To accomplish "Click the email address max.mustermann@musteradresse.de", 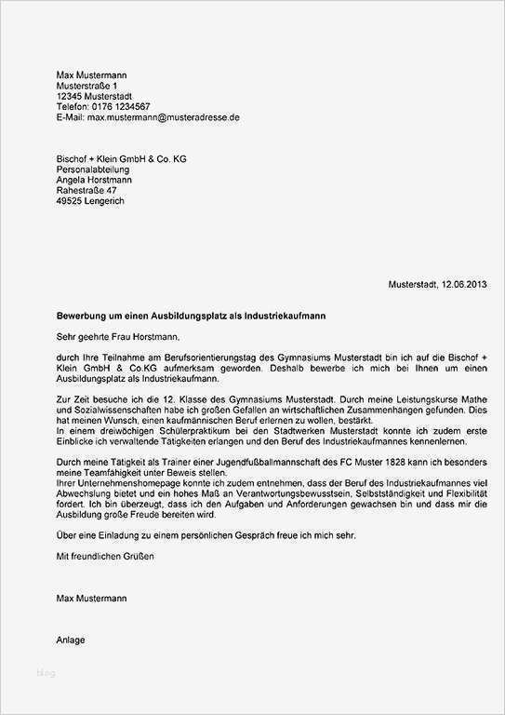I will coord(164,118).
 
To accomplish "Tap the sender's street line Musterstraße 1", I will coord(87,86).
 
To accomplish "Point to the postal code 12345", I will coord(70,96).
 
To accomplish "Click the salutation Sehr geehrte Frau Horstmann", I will coord(116,338).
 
